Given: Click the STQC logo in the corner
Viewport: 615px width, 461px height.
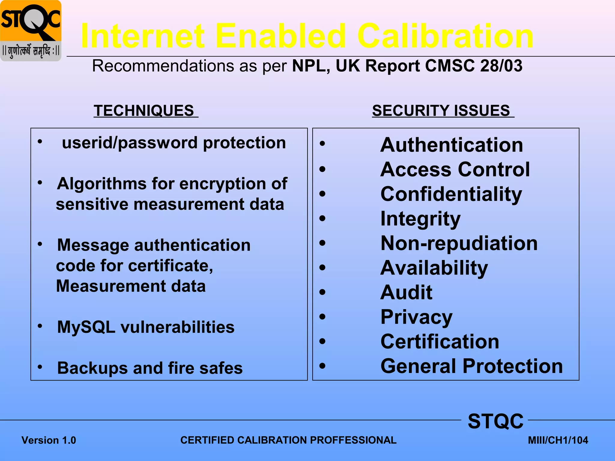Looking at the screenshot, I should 31,31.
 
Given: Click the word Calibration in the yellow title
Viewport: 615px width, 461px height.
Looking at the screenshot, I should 445,36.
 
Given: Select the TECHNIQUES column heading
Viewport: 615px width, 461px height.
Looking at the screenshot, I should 144,110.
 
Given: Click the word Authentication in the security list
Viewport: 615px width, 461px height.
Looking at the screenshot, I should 451,145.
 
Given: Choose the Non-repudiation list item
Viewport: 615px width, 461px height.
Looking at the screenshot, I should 459,243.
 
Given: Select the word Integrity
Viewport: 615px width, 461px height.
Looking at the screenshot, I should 420,219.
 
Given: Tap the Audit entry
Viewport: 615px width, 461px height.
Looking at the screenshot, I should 406,292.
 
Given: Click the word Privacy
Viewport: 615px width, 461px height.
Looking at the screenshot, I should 416,317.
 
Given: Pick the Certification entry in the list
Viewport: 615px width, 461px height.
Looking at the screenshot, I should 440,342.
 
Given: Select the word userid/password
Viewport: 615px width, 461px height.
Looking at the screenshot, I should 129,143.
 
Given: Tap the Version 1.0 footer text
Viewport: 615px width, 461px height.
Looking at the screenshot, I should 49,440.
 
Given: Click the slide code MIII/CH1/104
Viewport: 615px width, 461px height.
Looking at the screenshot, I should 558,440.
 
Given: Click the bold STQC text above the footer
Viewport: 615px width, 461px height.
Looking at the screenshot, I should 495,421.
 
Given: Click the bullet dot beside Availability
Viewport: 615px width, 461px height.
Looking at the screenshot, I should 322,267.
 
